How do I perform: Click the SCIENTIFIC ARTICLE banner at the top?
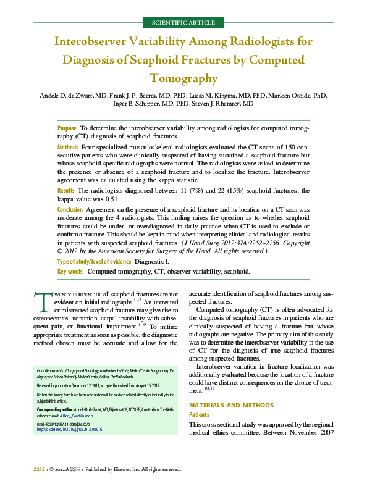pos(183,23)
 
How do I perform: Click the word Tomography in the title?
pos(183,78)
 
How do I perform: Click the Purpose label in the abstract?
pos(67,127)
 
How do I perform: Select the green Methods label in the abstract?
pos(67,148)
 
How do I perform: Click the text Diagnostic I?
pos(151,262)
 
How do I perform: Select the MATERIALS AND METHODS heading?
pos(230,405)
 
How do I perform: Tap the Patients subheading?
pos(199,415)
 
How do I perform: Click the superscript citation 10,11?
pos(210,388)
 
